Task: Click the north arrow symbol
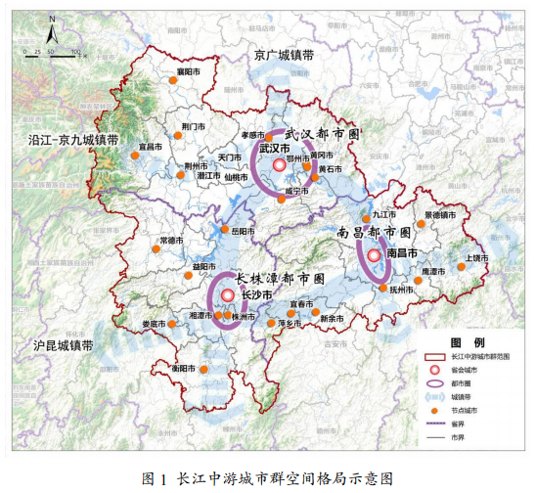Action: pos(57,34)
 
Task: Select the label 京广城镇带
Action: pos(283,55)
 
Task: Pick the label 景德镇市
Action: pos(440,215)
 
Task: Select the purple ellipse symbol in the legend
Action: pos(440,383)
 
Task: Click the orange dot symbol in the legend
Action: pos(440,411)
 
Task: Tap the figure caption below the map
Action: pos(267,478)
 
